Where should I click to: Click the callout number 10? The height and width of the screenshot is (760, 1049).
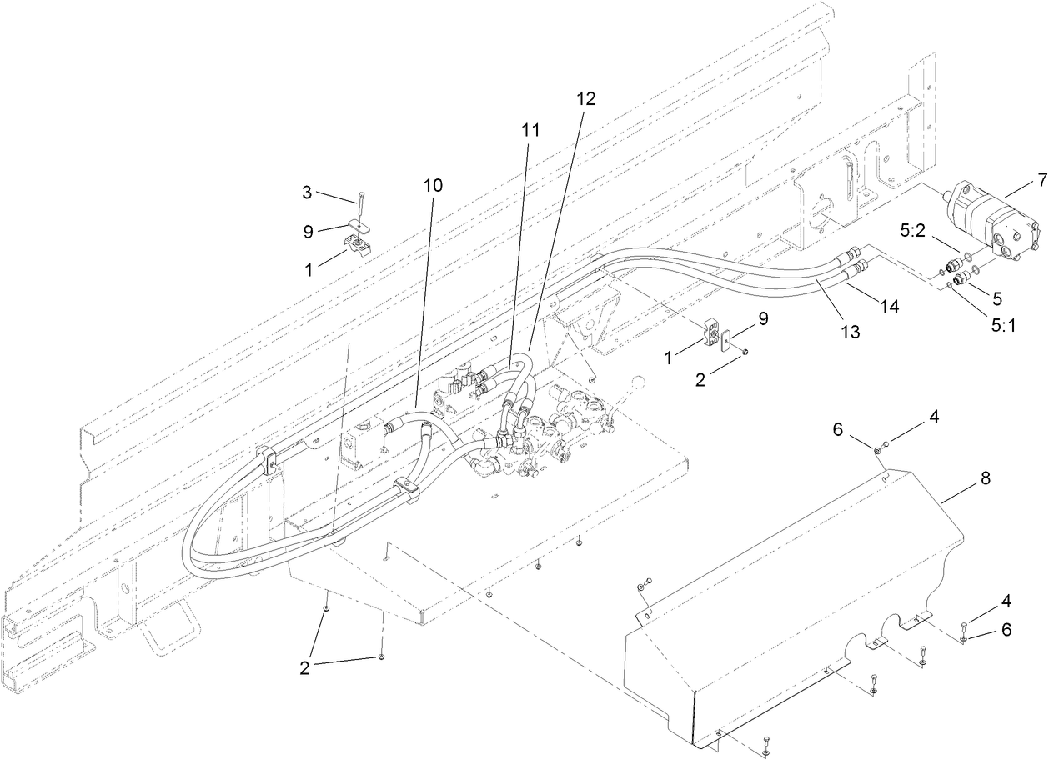(x=433, y=185)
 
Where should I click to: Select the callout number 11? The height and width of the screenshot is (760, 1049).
(x=530, y=130)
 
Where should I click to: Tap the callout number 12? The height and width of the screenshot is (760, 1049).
(x=586, y=97)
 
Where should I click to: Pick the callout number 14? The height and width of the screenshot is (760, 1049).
(x=890, y=307)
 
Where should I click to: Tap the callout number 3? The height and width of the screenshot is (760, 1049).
(x=307, y=193)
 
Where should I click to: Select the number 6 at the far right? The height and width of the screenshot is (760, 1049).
(x=1006, y=630)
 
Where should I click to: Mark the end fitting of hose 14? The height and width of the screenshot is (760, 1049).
(x=861, y=266)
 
